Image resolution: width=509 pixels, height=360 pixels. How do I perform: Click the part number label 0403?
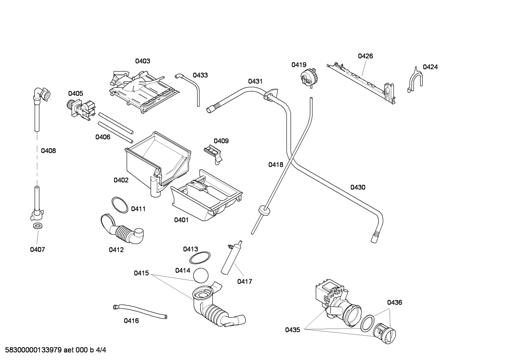(x=143, y=61)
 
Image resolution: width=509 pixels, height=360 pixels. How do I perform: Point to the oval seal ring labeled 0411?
(x=120, y=205)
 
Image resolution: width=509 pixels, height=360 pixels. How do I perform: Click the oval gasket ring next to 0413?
(x=200, y=258)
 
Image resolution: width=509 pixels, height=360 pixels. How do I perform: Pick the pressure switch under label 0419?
(x=308, y=77)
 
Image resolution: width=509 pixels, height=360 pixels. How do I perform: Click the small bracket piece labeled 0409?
(x=213, y=154)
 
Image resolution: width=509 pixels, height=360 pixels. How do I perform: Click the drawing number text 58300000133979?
(x=33, y=350)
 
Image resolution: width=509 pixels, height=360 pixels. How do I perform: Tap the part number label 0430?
(x=358, y=187)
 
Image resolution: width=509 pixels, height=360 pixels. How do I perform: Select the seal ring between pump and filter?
(x=367, y=323)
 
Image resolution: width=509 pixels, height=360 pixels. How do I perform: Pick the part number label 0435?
(x=293, y=330)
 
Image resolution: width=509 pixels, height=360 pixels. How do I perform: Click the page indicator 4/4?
(x=101, y=350)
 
